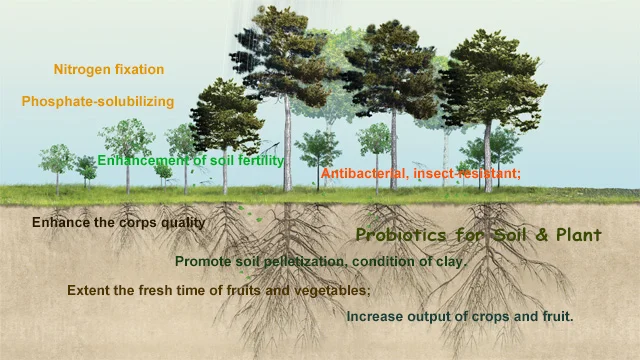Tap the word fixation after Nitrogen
[x=138, y=70]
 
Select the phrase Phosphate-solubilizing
[x=97, y=101]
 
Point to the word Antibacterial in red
[x=362, y=174]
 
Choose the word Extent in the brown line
[x=88, y=290]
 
